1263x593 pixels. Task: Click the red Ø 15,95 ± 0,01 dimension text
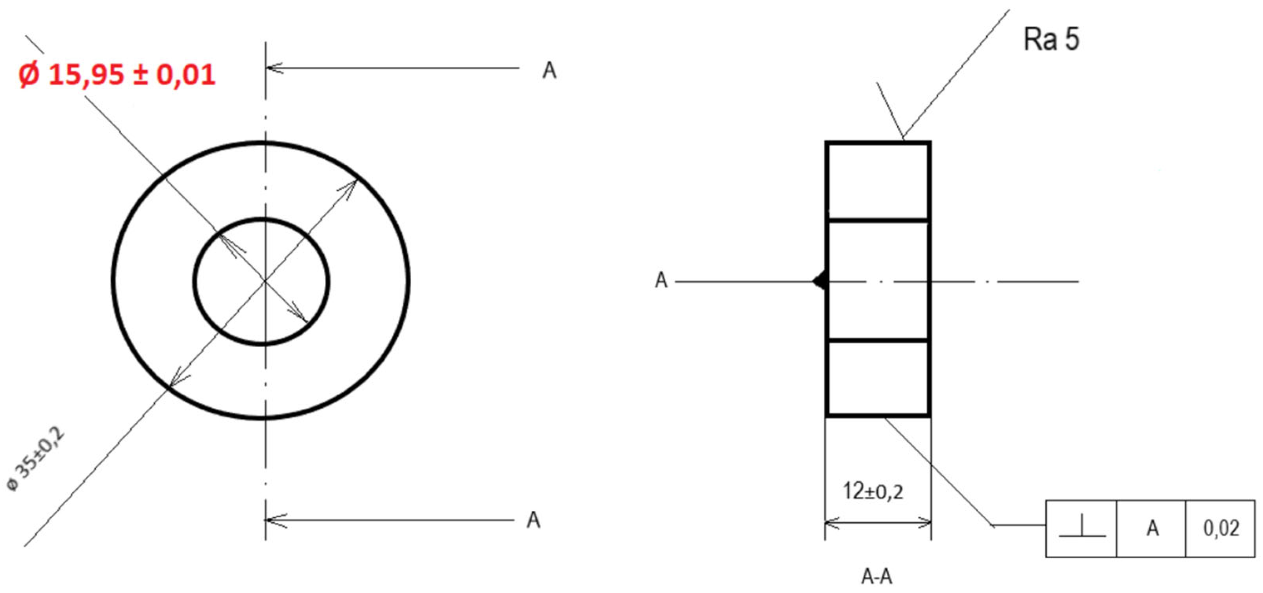pyautogui.click(x=117, y=75)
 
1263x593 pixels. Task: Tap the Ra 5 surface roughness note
pyautogui.click(x=1051, y=39)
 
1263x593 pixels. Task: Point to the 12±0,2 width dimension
pyautogui.click(x=873, y=491)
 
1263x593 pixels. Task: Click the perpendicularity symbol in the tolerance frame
pyautogui.click(x=1082, y=529)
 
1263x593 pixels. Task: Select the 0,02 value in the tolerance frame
pyautogui.click(x=1221, y=528)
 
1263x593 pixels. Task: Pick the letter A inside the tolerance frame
pyautogui.click(x=1153, y=528)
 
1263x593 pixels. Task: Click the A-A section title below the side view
pyautogui.click(x=877, y=577)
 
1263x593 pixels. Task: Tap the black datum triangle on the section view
pyautogui.click(x=820, y=282)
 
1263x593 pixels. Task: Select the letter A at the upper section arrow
pyautogui.click(x=549, y=71)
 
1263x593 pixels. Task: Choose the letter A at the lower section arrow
pyautogui.click(x=533, y=520)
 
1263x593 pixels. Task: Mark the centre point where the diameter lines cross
pyautogui.click(x=265, y=280)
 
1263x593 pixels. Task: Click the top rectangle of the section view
pyautogui.click(x=878, y=181)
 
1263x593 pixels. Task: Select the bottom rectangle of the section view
pyautogui.click(x=878, y=378)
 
